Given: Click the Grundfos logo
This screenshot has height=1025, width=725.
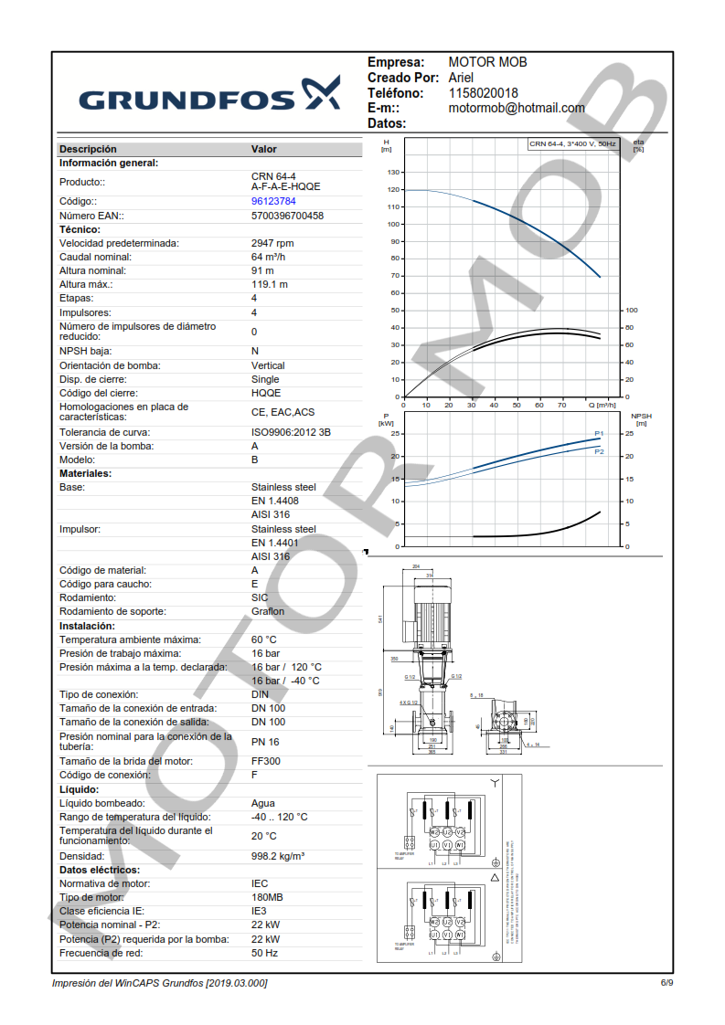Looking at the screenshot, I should tap(209, 94).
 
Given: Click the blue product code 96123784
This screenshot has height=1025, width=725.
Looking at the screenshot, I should tap(273, 201).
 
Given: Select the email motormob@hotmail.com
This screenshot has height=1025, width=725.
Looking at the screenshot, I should tap(517, 108).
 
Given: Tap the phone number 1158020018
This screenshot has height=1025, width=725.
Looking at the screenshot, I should tap(483, 93).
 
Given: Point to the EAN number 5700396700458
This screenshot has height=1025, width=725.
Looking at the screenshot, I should tap(287, 217).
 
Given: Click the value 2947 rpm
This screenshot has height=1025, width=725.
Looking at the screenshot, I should tap(272, 243).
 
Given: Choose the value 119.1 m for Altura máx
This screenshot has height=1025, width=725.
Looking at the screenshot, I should tap(270, 284).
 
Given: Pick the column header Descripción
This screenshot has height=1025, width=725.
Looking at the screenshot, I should tap(88, 149).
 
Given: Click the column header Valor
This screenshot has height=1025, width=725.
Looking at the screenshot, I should tap(263, 149).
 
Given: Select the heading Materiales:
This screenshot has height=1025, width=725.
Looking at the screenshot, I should tap(85, 473).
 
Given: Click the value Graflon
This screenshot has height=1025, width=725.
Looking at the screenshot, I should tap(268, 611).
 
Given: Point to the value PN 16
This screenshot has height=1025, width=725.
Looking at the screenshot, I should tap(265, 742).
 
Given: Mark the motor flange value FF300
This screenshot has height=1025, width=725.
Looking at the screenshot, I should tap(266, 761).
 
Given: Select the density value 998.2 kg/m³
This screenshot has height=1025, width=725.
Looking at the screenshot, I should tap(278, 856).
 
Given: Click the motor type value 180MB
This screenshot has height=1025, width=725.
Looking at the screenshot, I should tap(267, 897).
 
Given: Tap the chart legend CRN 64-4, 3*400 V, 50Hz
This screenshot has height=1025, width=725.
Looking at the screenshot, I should tap(572, 144).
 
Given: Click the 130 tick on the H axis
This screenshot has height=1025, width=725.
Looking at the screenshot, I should tap(394, 172).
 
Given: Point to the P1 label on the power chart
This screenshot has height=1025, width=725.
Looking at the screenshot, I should tap(599, 433).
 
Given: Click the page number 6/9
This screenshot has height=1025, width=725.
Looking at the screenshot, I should tap(666, 982).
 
